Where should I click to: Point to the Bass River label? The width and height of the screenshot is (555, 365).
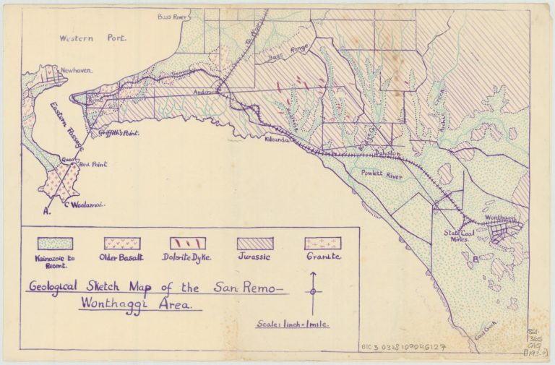[x=173, y=15]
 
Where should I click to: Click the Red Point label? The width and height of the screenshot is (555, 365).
[x=95, y=164]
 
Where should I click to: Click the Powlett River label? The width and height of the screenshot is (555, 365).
[x=371, y=173]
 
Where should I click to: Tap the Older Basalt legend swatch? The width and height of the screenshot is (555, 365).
[x=122, y=243]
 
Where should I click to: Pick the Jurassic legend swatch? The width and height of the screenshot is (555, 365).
[x=256, y=243]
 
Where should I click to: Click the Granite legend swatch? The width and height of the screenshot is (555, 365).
[x=322, y=243]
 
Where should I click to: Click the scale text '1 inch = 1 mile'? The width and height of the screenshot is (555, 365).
[x=293, y=324]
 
